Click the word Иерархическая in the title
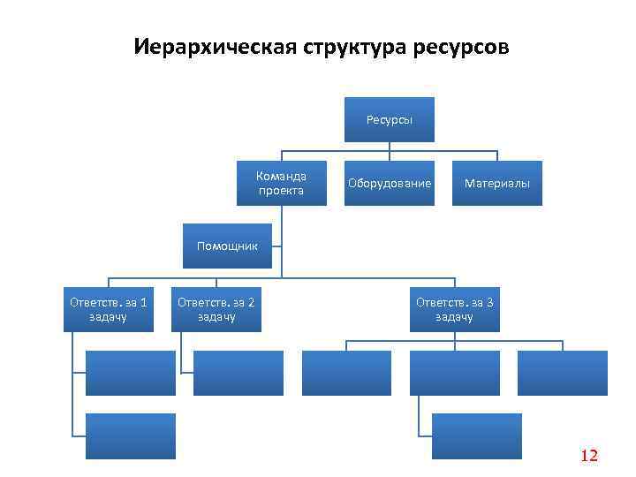(203, 46)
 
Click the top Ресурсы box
(390, 119)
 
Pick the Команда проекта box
(281, 183)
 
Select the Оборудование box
(390, 183)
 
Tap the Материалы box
(497, 183)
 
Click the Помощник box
(227, 246)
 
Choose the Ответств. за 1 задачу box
(109, 309)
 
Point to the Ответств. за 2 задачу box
(216, 309)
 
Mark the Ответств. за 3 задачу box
(454, 309)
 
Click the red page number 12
(589, 456)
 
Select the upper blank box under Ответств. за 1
(130, 373)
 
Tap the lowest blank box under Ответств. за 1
(130, 436)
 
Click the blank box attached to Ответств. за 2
(238, 373)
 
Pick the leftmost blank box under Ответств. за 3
(346, 373)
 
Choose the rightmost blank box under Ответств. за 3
(563, 373)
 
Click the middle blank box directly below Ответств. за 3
(454, 373)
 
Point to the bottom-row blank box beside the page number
(477, 436)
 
